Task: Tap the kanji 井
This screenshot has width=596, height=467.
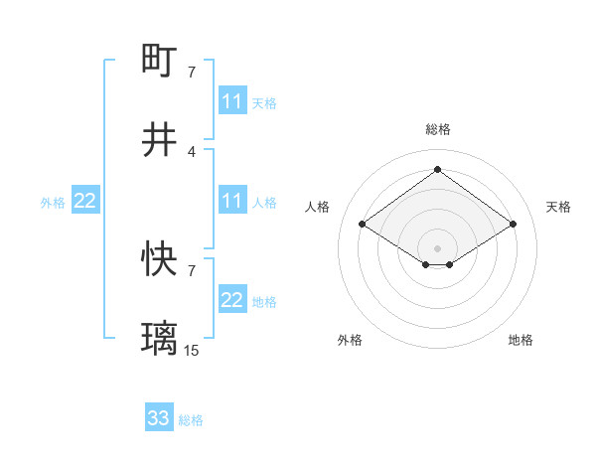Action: (x=160, y=139)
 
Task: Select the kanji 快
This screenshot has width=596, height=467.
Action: (x=160, y=259)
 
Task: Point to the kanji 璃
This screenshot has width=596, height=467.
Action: (x=160, y=339)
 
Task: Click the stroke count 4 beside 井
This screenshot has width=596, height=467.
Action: (x=192, y=151)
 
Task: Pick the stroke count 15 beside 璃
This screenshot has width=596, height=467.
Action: (x=192, y=350)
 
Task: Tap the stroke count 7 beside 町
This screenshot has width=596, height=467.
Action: (x=192, y=73)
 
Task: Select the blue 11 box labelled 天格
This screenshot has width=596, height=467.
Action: (x=232, y=101)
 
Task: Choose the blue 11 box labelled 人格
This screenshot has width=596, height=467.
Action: (x=232, y=202)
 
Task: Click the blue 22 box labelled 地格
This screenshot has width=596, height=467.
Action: (x=232, y=300)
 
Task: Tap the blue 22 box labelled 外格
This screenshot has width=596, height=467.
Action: (x=85, y=202)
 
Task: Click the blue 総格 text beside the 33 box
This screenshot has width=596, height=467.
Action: (x=191, y=420)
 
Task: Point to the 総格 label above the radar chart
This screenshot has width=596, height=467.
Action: (x=438, y=129)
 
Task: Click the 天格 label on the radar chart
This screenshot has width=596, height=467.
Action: (x=558, y=207)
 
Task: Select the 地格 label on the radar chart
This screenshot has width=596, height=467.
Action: (x=521, y=340)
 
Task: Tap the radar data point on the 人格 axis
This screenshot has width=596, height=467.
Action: (x=363, y=225)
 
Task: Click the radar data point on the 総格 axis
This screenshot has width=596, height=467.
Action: (x=438, y=169)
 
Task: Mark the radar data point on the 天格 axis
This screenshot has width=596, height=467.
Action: (x=513, y=225)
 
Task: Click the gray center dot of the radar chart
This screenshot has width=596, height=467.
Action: (x=438, y=247)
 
